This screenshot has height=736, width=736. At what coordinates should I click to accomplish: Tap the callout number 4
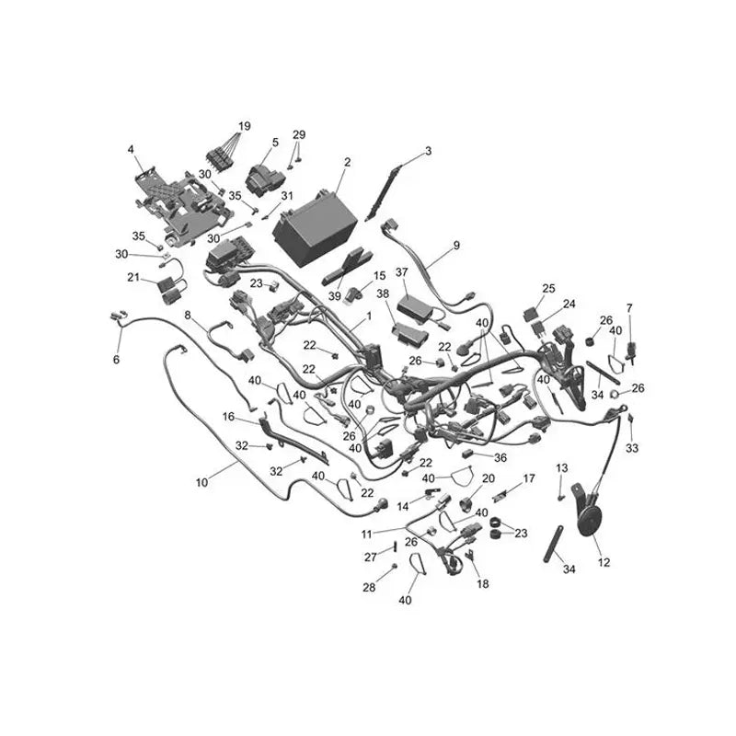pyautogui.click(x=131, y=149)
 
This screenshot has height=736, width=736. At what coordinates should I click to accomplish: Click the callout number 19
pyautogui.click(x=245, y=126)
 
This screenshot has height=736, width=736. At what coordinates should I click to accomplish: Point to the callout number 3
pyautogui.click(x=428, y=151)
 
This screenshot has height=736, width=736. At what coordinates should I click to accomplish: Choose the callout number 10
pyautogui.click(x=201, y=482)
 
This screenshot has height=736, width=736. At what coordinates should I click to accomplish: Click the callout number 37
pyautogui.click(x=402, y=272)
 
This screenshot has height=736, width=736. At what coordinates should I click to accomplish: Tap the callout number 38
pyautogui.click(x=383, y=293)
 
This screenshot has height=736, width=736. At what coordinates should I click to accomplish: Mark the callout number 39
pyautogui.click(x=335, y=296)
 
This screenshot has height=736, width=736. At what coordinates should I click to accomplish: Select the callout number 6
pyautogui.click(x=117, y=360)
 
